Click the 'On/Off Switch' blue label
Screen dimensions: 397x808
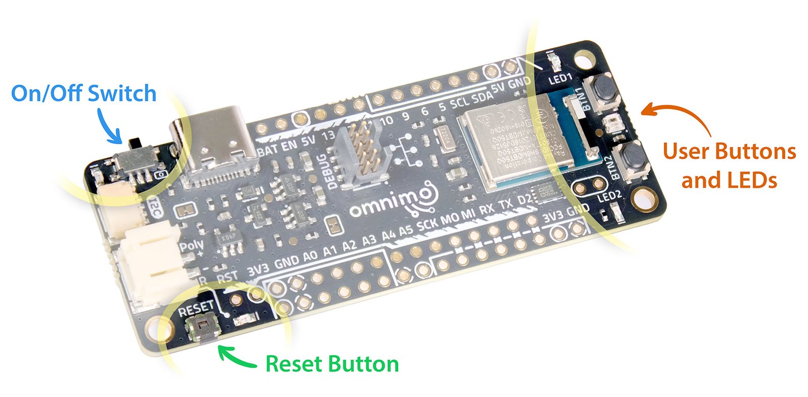84,94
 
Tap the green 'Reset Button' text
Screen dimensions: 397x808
332,364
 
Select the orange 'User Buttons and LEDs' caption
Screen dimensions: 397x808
729,165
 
